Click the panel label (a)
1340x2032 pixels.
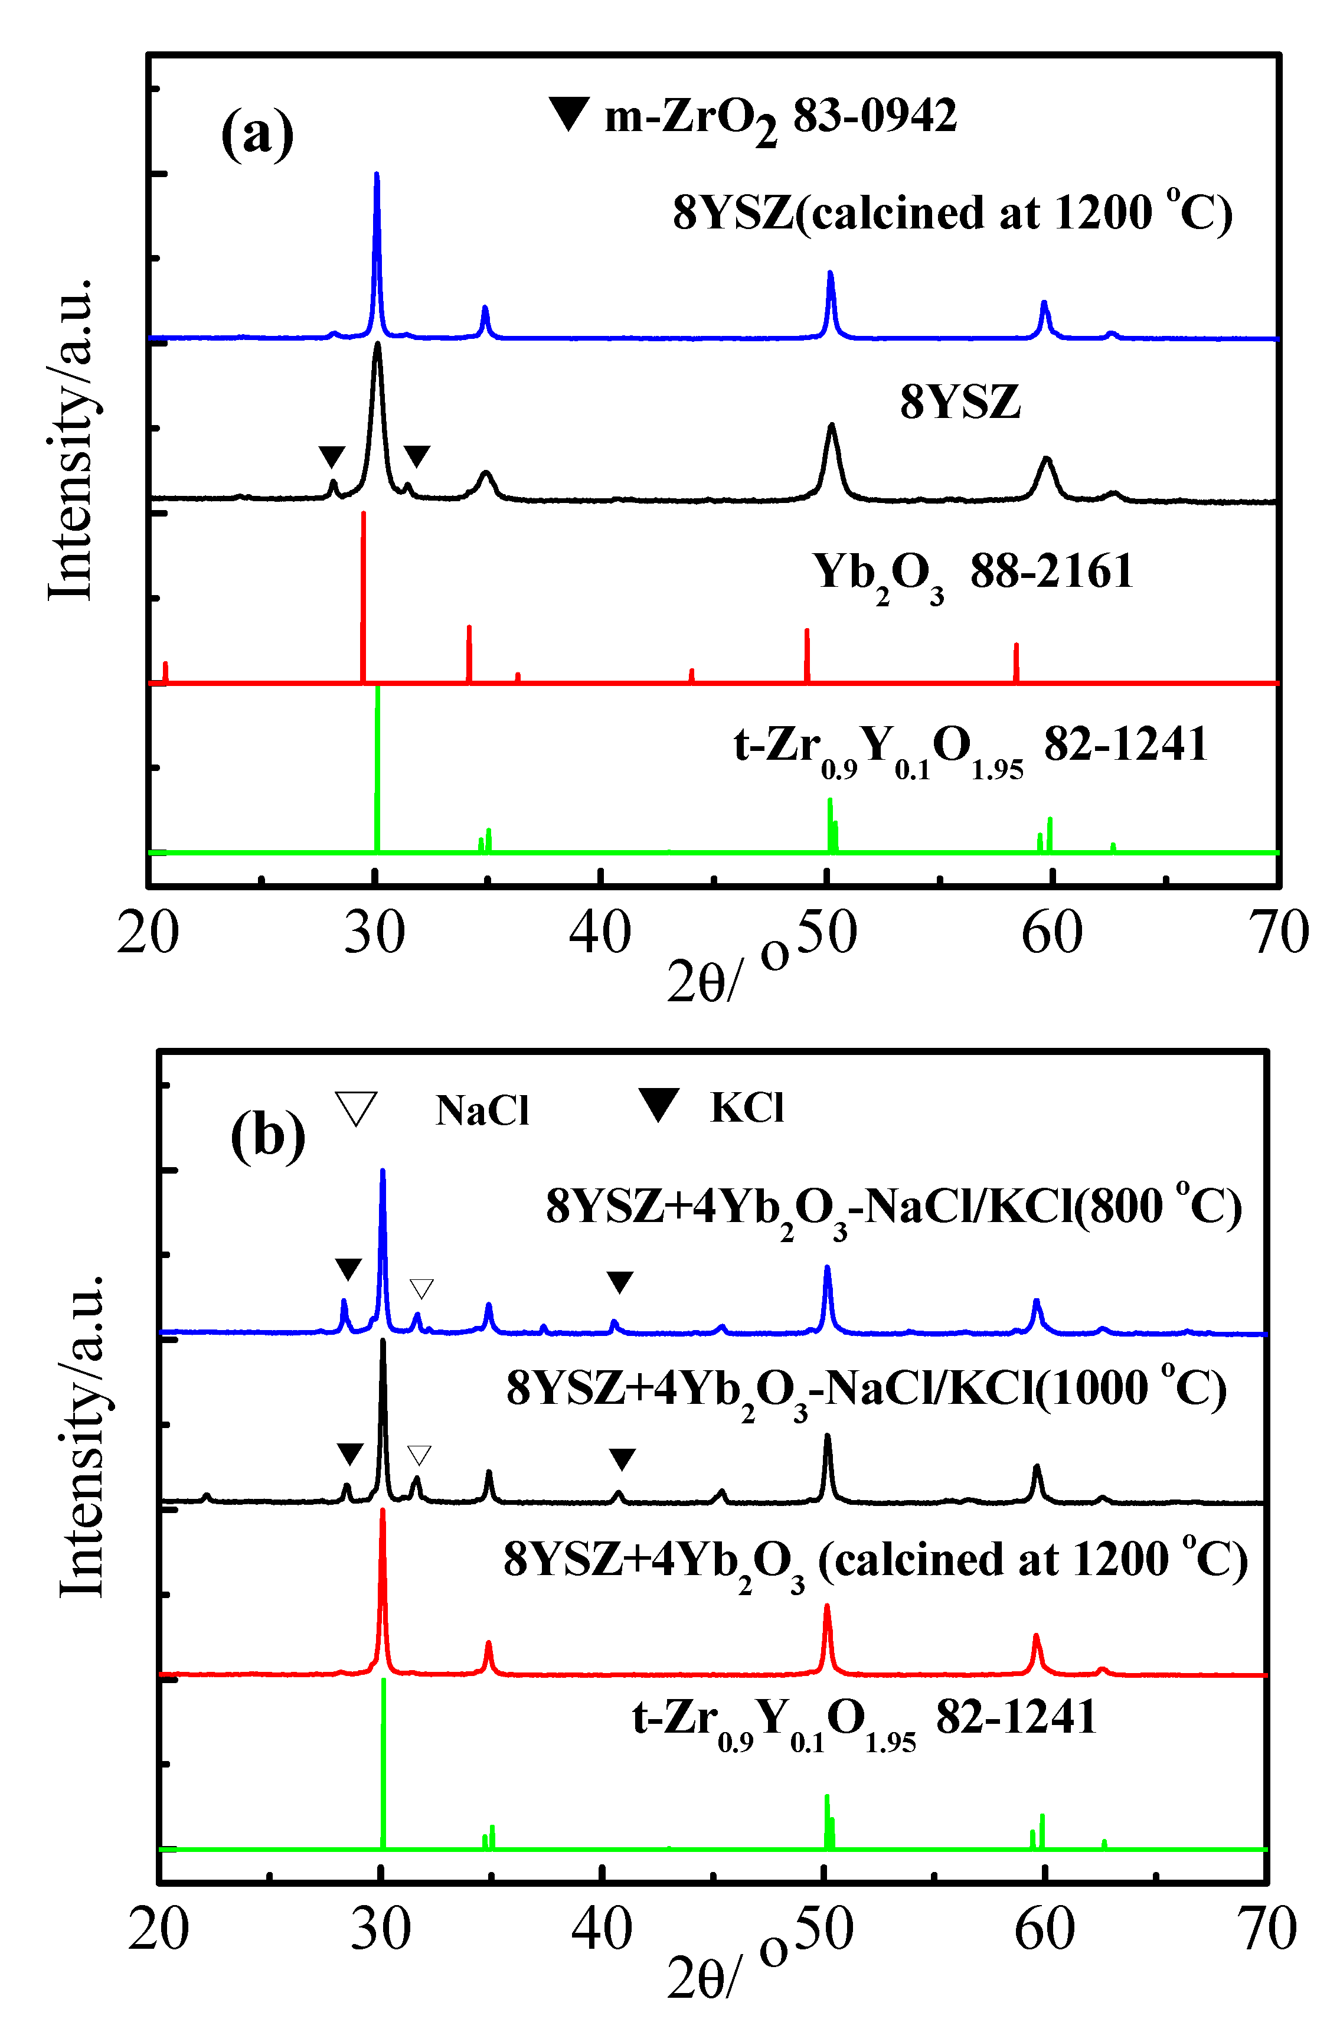(x=257, y=133)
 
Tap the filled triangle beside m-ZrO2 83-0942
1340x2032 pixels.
(x=568, y=113)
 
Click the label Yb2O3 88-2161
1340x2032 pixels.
(x=972, y=573)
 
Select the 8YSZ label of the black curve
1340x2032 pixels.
(x=960, y=401)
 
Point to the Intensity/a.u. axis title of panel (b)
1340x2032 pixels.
(x=82, y=1436)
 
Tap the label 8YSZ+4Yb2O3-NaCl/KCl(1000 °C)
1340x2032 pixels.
(x=867, y=1388)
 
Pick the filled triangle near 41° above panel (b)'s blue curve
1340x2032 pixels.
(x=620, y=1282)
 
